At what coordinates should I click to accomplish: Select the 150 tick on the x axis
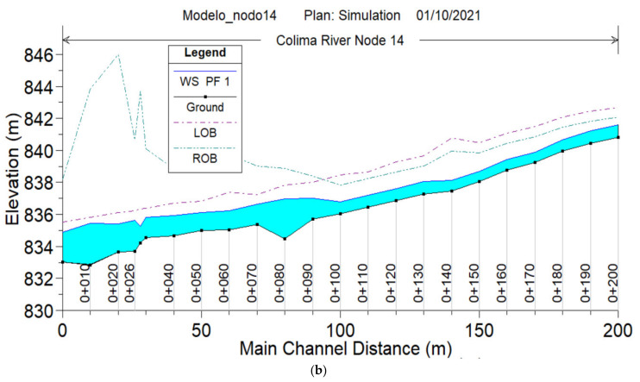click(479, 330)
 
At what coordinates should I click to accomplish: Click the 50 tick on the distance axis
click(201, 330)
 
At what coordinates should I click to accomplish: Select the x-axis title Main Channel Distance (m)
click(340, 350)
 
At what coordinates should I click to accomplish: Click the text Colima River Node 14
click(340, 39)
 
